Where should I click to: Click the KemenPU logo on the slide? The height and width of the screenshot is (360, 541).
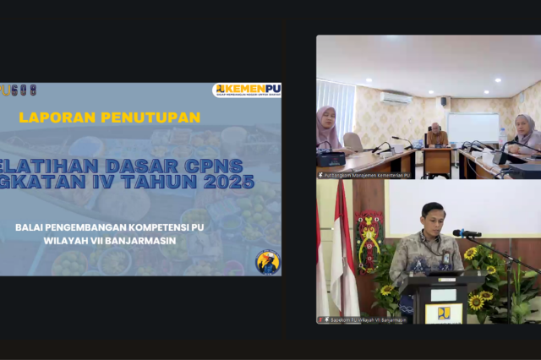pos(247,90)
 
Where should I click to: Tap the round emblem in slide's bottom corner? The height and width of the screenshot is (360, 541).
pos(267,261)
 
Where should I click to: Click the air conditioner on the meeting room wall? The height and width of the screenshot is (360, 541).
pos(395,97)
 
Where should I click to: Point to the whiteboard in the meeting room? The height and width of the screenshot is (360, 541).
pos(473,128)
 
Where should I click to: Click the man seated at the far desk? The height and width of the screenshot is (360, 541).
pos(436,136)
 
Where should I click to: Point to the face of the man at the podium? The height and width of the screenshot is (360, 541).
pos(433,219)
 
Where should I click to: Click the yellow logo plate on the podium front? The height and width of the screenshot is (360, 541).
pos(444,313)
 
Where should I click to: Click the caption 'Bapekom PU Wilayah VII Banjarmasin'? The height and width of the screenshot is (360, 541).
pos(364,320)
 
